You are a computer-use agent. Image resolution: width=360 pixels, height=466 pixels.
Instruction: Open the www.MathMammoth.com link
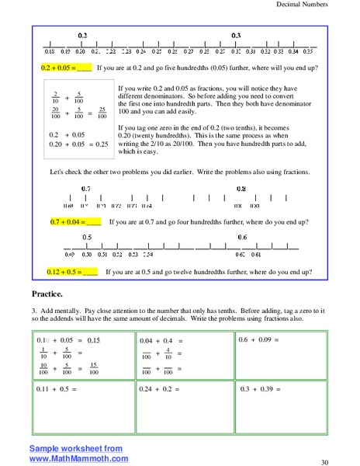(x=68, y=458)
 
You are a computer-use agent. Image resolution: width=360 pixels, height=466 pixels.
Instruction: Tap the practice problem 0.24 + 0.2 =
(x=158, y=388)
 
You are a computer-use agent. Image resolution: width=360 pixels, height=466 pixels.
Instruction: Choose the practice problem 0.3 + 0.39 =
(x=258, y=388)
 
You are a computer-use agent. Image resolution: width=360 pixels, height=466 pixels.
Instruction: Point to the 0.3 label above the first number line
(x=236, y=36)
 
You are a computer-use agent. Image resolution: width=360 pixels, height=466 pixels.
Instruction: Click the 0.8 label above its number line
(x=241, y=189)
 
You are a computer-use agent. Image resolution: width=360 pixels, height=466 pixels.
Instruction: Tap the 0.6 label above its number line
(x=242, y=237)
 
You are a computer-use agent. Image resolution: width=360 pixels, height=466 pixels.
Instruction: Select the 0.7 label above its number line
(x=87, y=189)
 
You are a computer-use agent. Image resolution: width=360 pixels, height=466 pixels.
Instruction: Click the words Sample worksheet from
(x=65, y=449)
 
